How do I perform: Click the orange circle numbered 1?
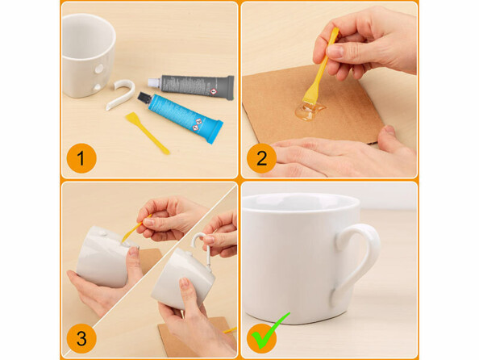pyautogui.click(x=81, y=158)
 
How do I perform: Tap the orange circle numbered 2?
pyautogui.click(x=261, y=158)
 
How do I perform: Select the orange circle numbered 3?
pyautogui.click(x=81, y=338)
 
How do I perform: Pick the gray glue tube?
pyautogui.click(x=192, y=87)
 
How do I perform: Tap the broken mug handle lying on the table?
pyautogui.click(x=121, y=94)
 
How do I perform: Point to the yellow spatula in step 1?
pyautogui.click(x=147, y=132)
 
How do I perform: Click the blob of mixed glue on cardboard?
pyautogui.click(x=310, y=111)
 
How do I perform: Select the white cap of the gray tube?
pyautogui.click(x=154, y=82)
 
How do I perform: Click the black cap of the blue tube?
pyautogui.click(x=144, y=98)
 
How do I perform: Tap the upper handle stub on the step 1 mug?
pyautogui.click(x=99, y=69)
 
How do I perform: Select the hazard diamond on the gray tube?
pyautogui.click(x=213, y=92)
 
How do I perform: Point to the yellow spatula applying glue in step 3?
pyautogui.click(x=135, y=229)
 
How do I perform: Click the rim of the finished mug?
pyautogui.click(x=302, y=202)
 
